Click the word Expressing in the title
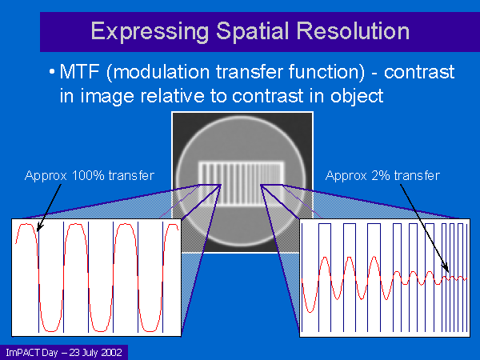[x=150, y=32]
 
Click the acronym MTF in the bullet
[x=79, y=72]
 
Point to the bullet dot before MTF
[x=52, y=72]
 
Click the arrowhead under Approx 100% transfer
[x=39, y=228]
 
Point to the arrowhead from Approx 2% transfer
[x=446, y=268]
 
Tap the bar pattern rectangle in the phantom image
[x=242, y=183]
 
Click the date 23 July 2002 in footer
[x=95, y=352]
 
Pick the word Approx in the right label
[x=346, y=177]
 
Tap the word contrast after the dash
[x=419, y=73]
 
